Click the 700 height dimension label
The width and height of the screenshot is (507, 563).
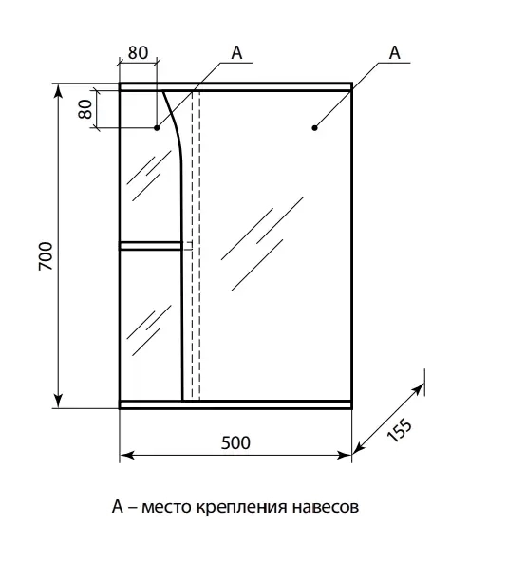pyautogui.click(x=46, y=256)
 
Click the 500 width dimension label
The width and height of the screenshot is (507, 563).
pyautogui.click(x=235, y=443)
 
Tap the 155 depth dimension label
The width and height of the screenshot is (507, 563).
pyautogui.click(x=400, y=429)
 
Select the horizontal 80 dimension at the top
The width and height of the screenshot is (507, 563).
pyautogui.click(x=138, y=53)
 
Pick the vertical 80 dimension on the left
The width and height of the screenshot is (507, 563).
pyautogui.click(x=85, y=109)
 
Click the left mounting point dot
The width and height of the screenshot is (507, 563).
pyautogui.click(x=157, y=127)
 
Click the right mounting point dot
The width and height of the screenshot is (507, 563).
pyautogui.click(x=315, y=127)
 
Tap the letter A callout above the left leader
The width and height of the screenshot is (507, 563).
pyautogui.click(x=236, y=52)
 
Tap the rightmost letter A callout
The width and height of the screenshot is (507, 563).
pyautogui.click(x=395, y=52)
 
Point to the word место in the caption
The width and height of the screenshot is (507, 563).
pyautogui.click(x=166, y=507)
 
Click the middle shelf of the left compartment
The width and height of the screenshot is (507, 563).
pyautogui.click(x=150, y=246)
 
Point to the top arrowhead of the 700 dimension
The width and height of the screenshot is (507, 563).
pyautogui.click(x=58, y=91)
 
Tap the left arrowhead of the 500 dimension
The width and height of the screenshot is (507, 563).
pyautogui.click(x=127, y=456)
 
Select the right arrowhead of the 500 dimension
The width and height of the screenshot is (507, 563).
pyautogui.click(x=344, y=456)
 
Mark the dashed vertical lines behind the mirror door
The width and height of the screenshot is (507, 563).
pyautogui.click(x=196, y=245)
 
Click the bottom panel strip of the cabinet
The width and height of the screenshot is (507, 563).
pyautogui.click(x=235, y=404)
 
